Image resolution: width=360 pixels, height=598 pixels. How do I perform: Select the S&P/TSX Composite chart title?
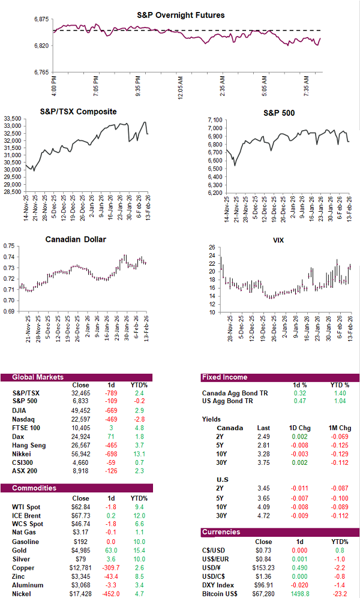pyautogui.click(x=78, y=112)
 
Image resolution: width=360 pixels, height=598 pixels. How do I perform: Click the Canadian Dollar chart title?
pyautogui.click(x=76, y=239)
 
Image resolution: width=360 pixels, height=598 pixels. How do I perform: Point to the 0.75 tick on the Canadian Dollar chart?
pyautogui.click(x=8, y=247)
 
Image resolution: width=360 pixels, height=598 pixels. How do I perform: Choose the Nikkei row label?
pyautogui.click(x=22, y=455)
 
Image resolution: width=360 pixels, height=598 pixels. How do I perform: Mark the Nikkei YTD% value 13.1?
pyautogui.click(x=138, y=455)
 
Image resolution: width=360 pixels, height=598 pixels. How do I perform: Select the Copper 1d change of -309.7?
pyautogui.click(x=112, y=567)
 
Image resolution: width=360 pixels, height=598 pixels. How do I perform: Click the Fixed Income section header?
pyautogui.click(x=224, y=377)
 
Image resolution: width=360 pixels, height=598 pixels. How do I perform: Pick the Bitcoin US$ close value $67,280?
pyautogui.click(x=259, y=590)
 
